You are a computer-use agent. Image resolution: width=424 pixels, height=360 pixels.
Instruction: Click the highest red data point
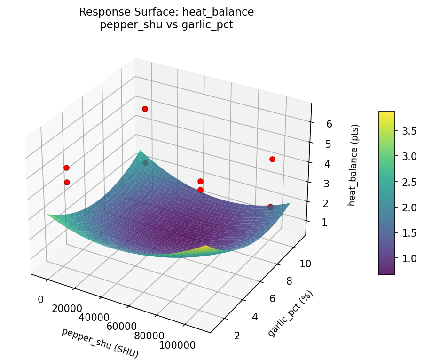[x=145, y=109]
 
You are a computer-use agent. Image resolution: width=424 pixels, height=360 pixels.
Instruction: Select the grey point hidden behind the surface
[x=145, y=163]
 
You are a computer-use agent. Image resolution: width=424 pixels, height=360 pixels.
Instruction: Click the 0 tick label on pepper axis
[x=40, y=300]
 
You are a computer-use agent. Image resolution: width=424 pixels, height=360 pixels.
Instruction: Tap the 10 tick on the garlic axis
[x=305, y=264]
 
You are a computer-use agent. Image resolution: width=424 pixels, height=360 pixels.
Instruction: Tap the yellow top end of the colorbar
[x=386, y=114]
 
